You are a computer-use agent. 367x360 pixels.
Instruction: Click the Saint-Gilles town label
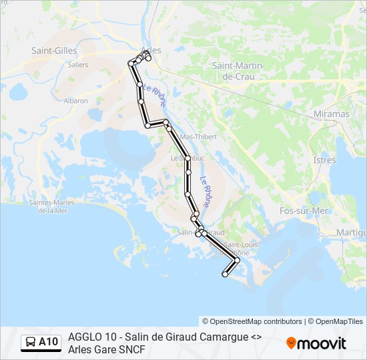pyautogui.click(x=55, y=50)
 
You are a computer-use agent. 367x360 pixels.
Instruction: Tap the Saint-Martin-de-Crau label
pyautogui.click(x=238, y=71)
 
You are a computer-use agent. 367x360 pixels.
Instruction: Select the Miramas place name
pyautogui.click(x=331, y=114)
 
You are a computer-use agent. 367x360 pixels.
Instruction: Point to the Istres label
pyautogui.click(x=324, y=160)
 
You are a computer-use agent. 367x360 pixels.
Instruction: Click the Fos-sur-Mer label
pyautogui.click(x=304, y=211)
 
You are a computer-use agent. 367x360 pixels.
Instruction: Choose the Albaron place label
pyautogui.click(x=75, y=101)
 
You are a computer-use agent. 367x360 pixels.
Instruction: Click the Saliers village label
pyautogui.click(x=78, y=65)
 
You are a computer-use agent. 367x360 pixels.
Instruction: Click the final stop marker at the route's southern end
pyautogui.click(x=225, y=274)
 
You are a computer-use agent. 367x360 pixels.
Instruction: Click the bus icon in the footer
pyautogui.click(x=31, y=343)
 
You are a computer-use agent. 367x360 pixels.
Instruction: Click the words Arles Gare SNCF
pyautogui.click(x=106, y=349)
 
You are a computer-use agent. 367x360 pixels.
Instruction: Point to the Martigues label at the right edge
pyautogui.click(x=352, y=231)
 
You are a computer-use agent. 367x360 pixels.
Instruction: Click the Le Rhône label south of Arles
pyautogui.click(x=154, y=96)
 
